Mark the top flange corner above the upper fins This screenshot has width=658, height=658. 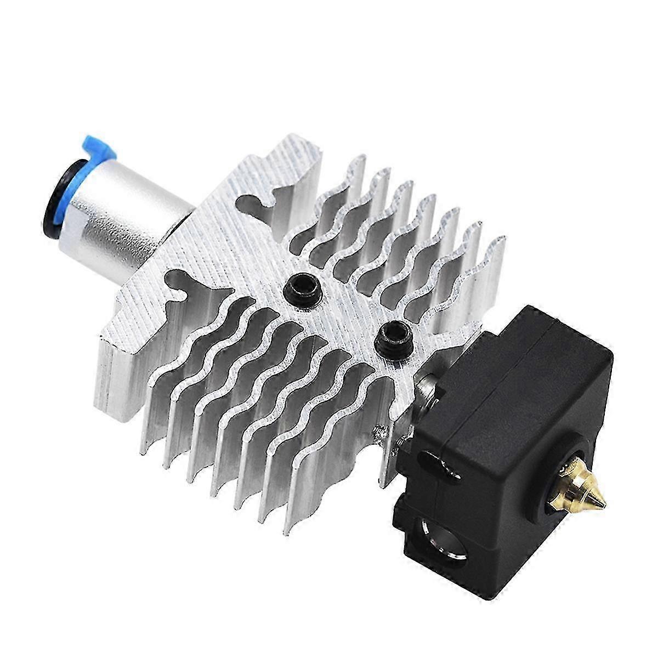pos(296,156)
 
